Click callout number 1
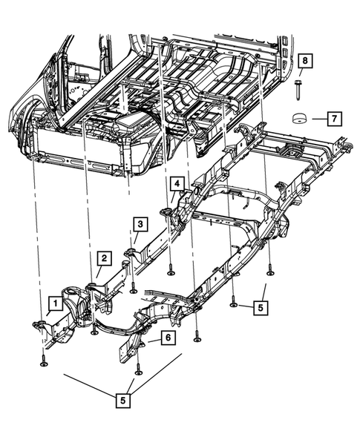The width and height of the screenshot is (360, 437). tap(54, 303)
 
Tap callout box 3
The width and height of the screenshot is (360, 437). tap(140, 223)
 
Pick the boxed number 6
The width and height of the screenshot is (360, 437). tap(168, 338)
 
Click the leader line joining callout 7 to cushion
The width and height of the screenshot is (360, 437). tap(318, 117)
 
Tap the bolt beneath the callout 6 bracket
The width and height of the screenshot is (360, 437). tap(138, 369)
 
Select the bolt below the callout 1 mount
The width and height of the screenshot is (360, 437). tap(42, 363)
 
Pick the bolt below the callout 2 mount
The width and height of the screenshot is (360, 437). tap(94, 331)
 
